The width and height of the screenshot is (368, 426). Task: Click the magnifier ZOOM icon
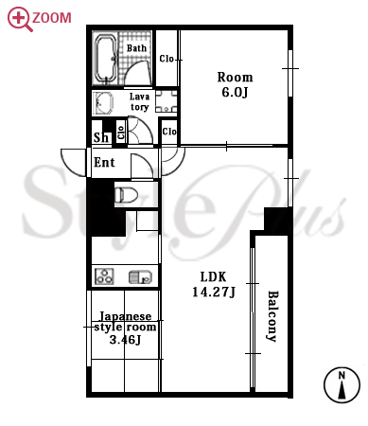20,19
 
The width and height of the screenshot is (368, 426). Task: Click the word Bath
136,48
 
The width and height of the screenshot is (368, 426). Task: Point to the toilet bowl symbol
126,195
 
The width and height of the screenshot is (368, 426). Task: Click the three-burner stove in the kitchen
104,276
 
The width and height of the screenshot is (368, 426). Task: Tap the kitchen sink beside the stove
141,277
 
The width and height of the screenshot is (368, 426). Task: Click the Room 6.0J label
235,84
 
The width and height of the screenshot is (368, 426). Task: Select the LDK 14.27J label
214,284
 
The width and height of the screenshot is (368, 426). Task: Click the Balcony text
272,316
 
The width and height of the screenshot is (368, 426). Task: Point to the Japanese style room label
125,328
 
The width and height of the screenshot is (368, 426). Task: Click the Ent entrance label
104,163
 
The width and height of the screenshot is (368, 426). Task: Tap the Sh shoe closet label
101,137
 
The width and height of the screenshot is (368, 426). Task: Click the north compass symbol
342,385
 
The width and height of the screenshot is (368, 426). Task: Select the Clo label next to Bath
166,59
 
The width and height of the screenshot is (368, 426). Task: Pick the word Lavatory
139,101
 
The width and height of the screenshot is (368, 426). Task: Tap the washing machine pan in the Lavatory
166,101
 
